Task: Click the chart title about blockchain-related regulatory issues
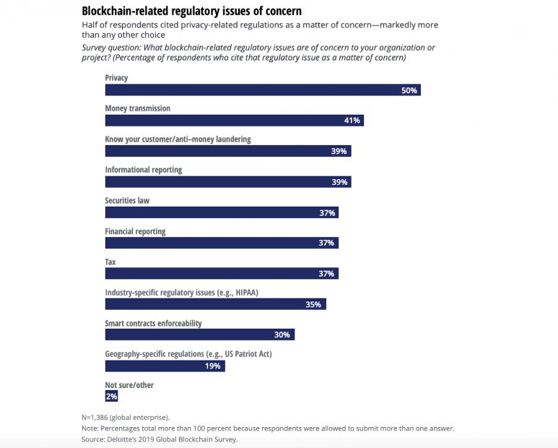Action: pos(192,11)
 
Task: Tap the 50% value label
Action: pos(409,90)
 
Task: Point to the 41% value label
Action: pos(352,121)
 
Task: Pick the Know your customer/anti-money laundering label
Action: pos(178,139)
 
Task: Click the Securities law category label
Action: pos(127,200)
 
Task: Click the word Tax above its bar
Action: pos(111,262)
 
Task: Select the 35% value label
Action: pos(313,305)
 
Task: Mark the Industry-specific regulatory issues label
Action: pos(181,293)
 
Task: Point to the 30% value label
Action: pos(282,335)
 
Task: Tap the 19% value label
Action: pos(213,366)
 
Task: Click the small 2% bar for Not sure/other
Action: pos(111,397)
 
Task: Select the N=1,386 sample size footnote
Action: pos(126,418)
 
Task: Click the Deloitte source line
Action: pos(160,439)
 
